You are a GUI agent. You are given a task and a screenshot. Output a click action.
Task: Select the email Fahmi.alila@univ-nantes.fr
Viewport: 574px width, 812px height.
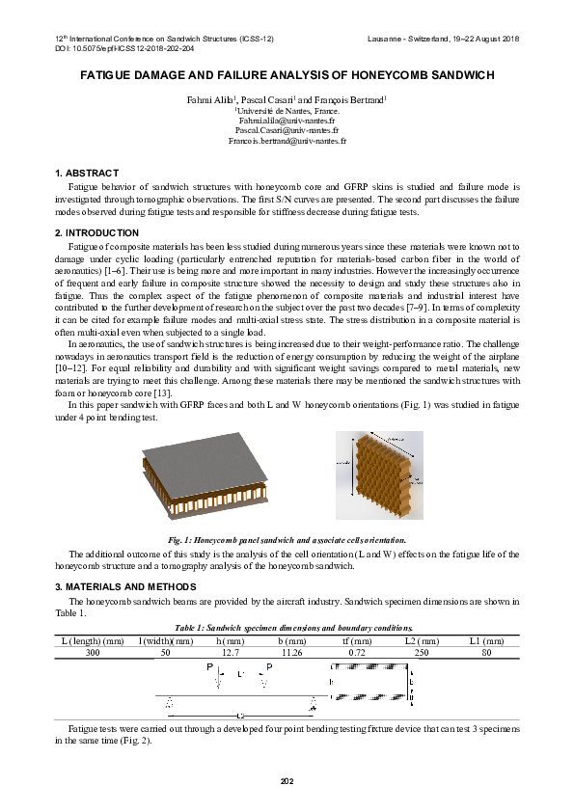point(287,121)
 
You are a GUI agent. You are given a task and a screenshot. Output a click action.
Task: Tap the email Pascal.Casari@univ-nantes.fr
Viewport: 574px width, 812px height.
point(287,130)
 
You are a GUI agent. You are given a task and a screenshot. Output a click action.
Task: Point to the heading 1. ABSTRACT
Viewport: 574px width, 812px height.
point(87,173)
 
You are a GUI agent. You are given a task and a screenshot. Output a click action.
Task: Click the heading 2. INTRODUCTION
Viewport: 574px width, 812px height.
point(96,233)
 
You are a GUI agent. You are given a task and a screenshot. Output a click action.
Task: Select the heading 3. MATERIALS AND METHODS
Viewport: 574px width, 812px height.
point(125,586)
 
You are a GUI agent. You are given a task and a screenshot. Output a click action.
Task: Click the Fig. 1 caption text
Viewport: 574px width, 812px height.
point(287,540)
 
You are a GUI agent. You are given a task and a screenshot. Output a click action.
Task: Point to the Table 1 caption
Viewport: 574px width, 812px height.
point(287,628)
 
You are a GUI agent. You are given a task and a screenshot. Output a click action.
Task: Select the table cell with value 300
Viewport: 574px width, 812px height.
point(92,653)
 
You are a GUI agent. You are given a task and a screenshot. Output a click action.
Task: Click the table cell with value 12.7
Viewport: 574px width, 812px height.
point(230,653)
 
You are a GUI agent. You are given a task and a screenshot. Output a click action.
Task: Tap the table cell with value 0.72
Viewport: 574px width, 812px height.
point(357,653)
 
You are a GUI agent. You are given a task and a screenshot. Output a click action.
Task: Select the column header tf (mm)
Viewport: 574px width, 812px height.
point(357,640)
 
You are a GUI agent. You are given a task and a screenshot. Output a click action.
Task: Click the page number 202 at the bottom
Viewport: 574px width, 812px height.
point(287,780)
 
